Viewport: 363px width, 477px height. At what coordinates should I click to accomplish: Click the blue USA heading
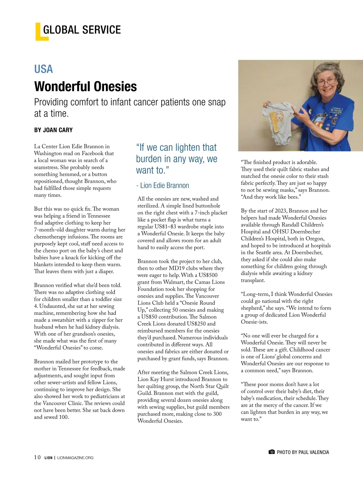coord(44,69)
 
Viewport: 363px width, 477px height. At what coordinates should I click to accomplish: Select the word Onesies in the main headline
coord(116,87)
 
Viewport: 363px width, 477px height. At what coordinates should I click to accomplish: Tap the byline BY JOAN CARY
coord(53,130)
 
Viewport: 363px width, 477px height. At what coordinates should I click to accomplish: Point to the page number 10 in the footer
coord(37,457)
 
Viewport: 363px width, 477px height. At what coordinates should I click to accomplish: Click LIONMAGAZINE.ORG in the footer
coord(75,458)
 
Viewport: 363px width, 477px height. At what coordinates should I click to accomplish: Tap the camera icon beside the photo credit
coord(271,452)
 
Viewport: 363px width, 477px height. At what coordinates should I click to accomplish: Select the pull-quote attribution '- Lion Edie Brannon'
coord(162,185)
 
